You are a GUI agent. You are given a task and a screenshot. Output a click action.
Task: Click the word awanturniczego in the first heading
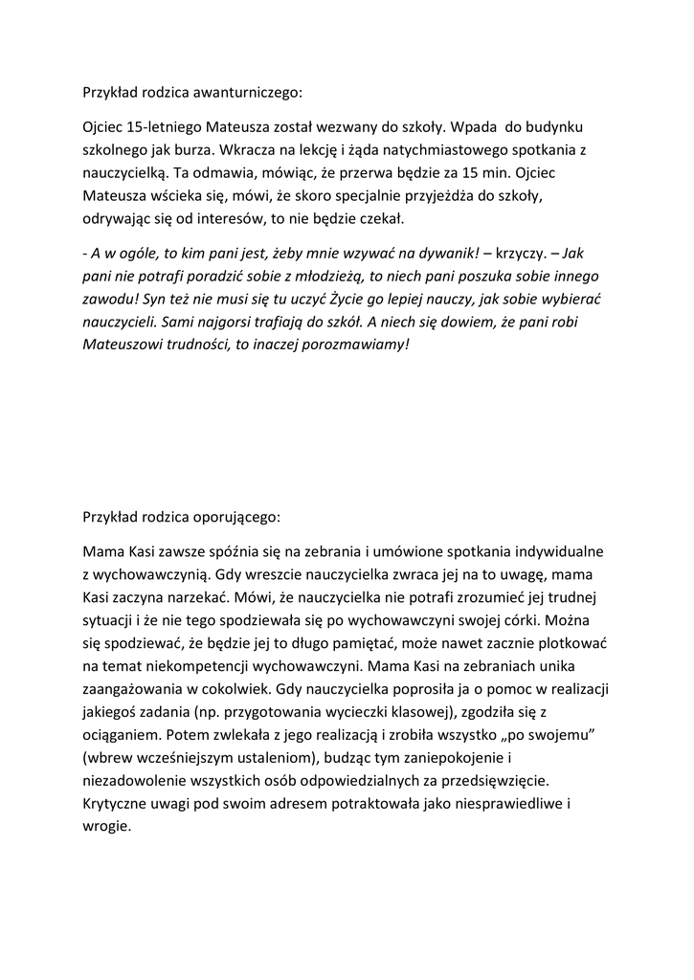point(247,93)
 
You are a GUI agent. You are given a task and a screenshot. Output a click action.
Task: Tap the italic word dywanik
point(439,254)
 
